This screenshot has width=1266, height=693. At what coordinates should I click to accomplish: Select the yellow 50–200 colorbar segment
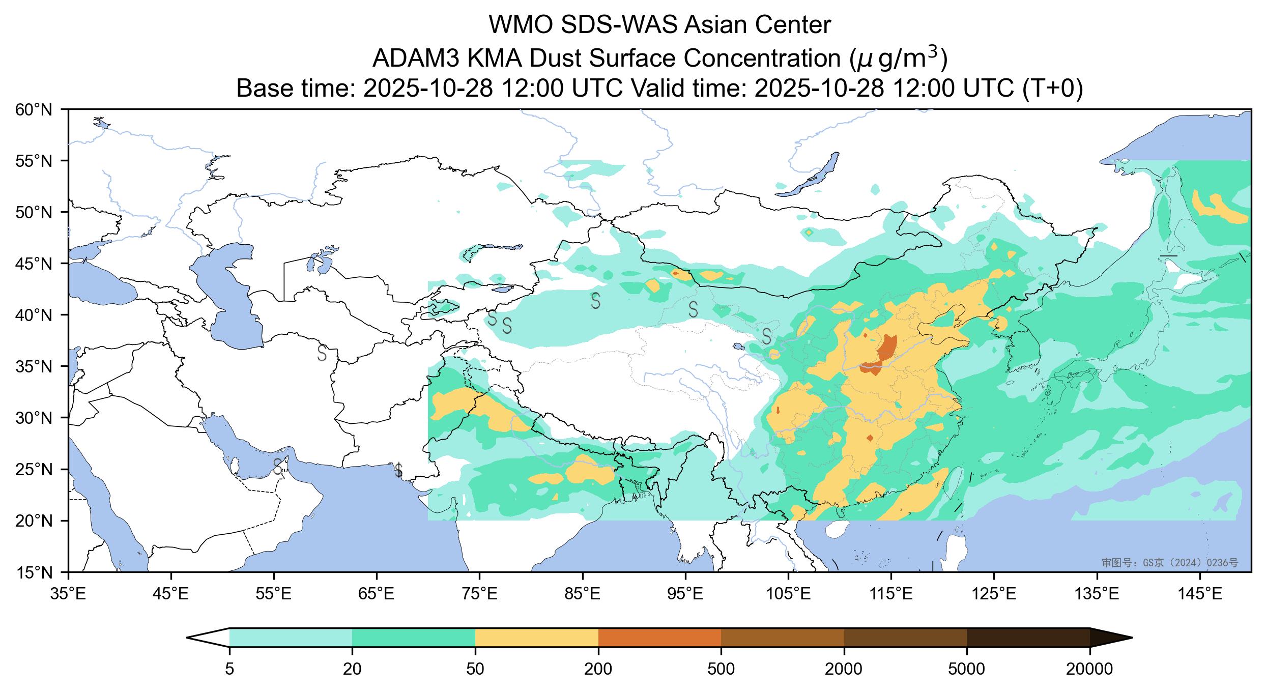pyautogui.click(x=536, y=637)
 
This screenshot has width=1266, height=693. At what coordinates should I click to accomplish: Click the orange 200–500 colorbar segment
pyautogui.click(x=659, y=637)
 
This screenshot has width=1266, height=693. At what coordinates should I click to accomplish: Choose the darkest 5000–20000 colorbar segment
pyautogui.click(x=1028, y=637)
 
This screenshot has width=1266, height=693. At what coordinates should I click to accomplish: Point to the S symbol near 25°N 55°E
pyautogui.click(x=278, y=466)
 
